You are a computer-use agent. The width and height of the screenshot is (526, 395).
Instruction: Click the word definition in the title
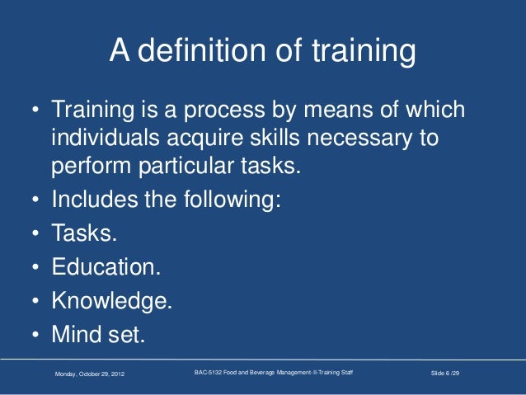pos(200,53)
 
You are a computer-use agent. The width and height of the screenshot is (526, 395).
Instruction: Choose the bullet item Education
pos(106,267)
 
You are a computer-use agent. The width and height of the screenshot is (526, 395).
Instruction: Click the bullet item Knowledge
pos(112,302)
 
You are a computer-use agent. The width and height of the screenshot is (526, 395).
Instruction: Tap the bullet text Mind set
pos(97,336)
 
